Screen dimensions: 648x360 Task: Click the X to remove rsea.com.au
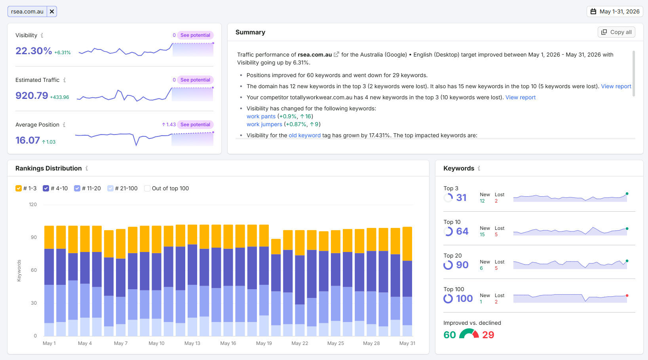[52, 11]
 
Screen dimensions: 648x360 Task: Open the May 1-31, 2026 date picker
[615, 11]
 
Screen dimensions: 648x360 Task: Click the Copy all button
[616, 32]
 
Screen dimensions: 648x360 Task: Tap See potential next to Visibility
[195, 35]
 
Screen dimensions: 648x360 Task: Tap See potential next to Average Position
[195, 124]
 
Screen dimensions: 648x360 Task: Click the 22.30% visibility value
[34, 51]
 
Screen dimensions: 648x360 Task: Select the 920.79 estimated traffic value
[32, 95]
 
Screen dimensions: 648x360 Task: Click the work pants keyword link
[261, 116]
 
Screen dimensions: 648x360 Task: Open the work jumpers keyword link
[264, 124]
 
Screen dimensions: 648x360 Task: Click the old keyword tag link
[305, 135]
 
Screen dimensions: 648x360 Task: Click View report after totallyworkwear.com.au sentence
[521, 97]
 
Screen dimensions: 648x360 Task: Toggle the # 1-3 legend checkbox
[19, 188]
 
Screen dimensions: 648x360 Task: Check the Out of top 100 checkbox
[147, 188]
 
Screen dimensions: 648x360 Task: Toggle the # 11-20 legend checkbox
[77, 188]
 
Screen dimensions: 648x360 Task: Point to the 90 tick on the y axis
[34, 237]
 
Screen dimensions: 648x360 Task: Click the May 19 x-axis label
[264, 343]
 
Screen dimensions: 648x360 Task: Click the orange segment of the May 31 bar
[407, 244]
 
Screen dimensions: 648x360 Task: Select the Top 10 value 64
[462, 231]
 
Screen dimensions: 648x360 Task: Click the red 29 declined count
[488, 335]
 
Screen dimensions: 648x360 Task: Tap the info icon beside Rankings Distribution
[87, 168]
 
